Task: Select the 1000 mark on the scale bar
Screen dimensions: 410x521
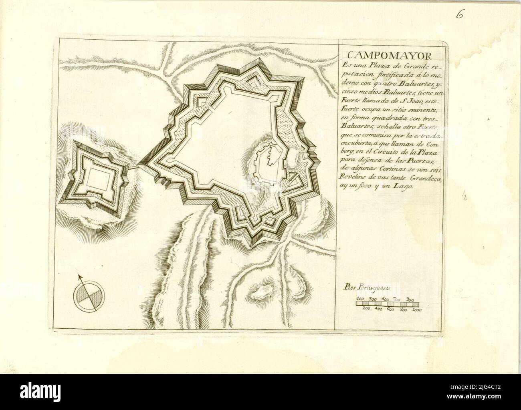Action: (416, 310)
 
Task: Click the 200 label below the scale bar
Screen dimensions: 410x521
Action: (366, 310)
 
